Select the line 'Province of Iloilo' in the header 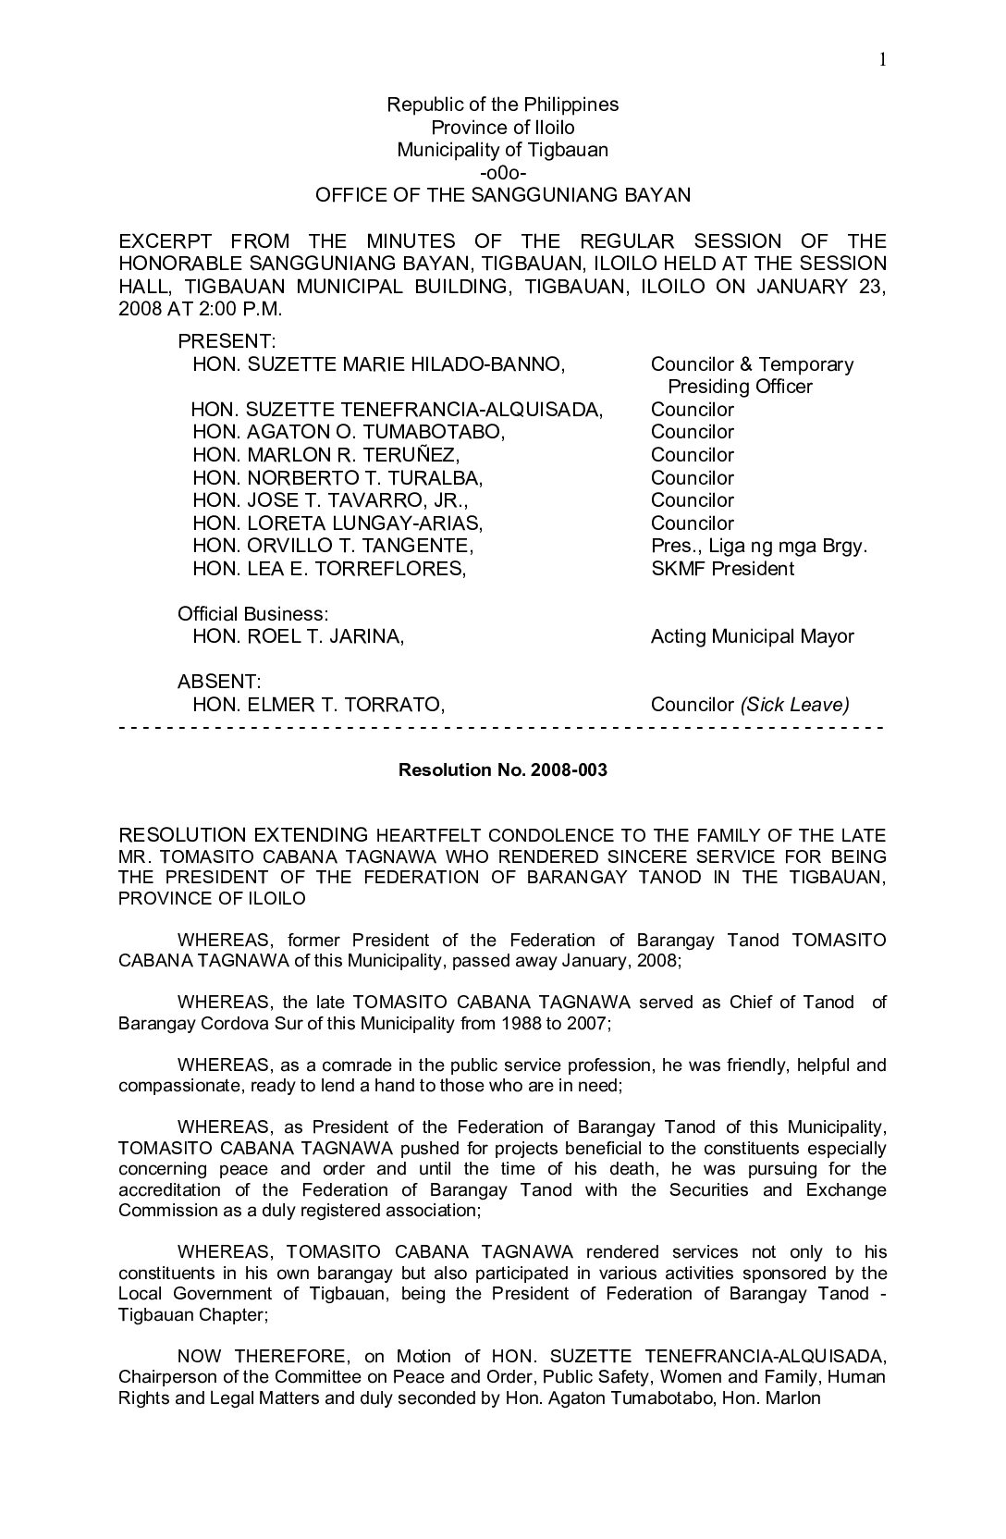[502, 128]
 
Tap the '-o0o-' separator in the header [502, 173]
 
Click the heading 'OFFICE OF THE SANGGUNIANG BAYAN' [502, 195]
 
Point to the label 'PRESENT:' [227, 342]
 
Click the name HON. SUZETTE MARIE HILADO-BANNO [378, 364]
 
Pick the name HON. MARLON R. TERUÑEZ [325, 455]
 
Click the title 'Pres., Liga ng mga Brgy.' [759, 546]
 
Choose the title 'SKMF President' [722, 569]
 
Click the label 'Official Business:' [252, 614]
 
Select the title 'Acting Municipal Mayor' [752, 636]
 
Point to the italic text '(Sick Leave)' [793, 705]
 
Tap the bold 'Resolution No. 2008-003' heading [502, 769]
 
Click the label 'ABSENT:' [218, 682]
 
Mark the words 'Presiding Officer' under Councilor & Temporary [740, 387]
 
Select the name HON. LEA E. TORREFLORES [329, 569]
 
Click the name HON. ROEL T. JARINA [298, 636]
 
